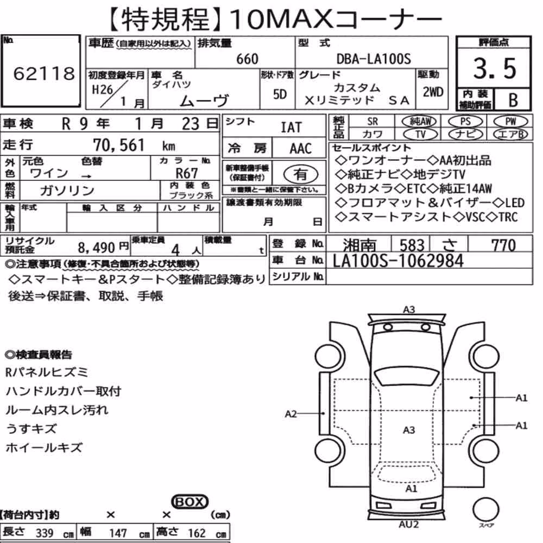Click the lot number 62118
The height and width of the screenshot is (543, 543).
pyautogui.click(x=44, y=73)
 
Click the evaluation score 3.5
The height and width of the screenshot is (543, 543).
pyautogui.click(x=495, y=68)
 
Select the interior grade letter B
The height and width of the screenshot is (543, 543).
pyautogui.click(x=513, y=100)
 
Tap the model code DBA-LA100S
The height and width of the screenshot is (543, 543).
pyautogui.click(x=374, y=59)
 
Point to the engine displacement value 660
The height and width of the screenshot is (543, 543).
pyautogui.click(x=247, y=59)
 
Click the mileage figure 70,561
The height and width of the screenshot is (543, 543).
pyautogui.click(x=119, y=145)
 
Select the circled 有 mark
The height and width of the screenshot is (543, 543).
pyautogui.click(x=301, y=174)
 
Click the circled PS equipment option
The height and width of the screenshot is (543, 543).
pyautogui.click(x=465, y=122)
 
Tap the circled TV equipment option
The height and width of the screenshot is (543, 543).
pyautogui.click(x=420, y=134)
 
